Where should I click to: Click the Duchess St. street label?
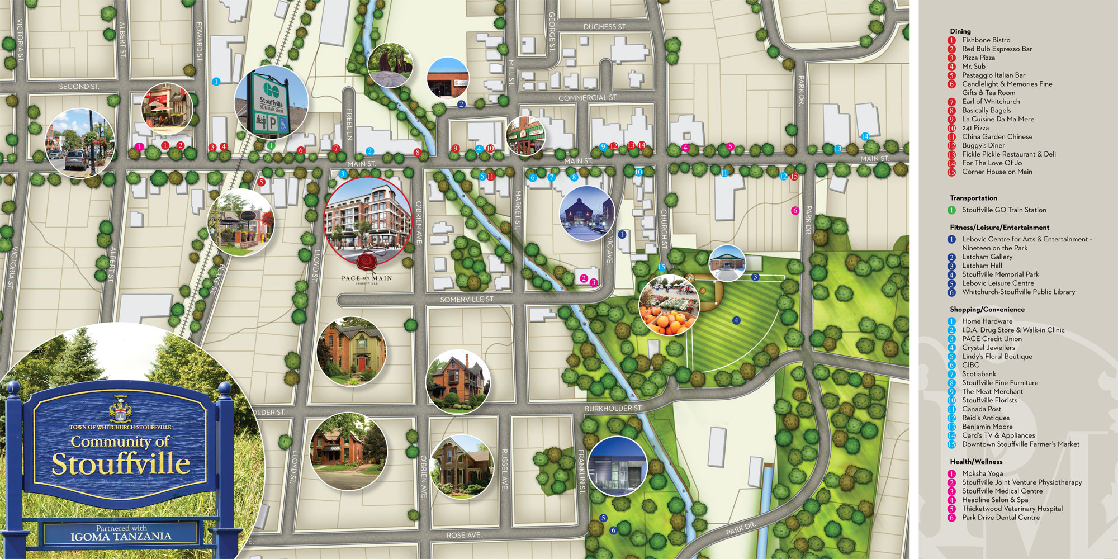point(605,27)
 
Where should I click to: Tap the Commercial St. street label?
point(588,98)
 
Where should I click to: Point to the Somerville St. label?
point(467,300)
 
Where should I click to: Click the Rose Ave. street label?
point(464,536)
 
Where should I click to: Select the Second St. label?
point(79,87)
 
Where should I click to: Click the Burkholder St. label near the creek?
point(613,409)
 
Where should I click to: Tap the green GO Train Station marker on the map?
point(271,146)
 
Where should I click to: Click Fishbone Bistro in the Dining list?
point(986,40)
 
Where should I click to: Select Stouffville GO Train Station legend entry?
point(1003,210)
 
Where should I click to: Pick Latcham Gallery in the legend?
point(987,257)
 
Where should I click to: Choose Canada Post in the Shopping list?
point(981,409)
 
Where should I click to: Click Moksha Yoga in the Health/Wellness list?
point(982,473)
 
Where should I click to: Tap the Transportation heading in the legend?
point(973,198)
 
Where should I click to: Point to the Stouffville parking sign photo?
point(271,103)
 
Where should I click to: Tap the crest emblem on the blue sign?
point(120,410)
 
